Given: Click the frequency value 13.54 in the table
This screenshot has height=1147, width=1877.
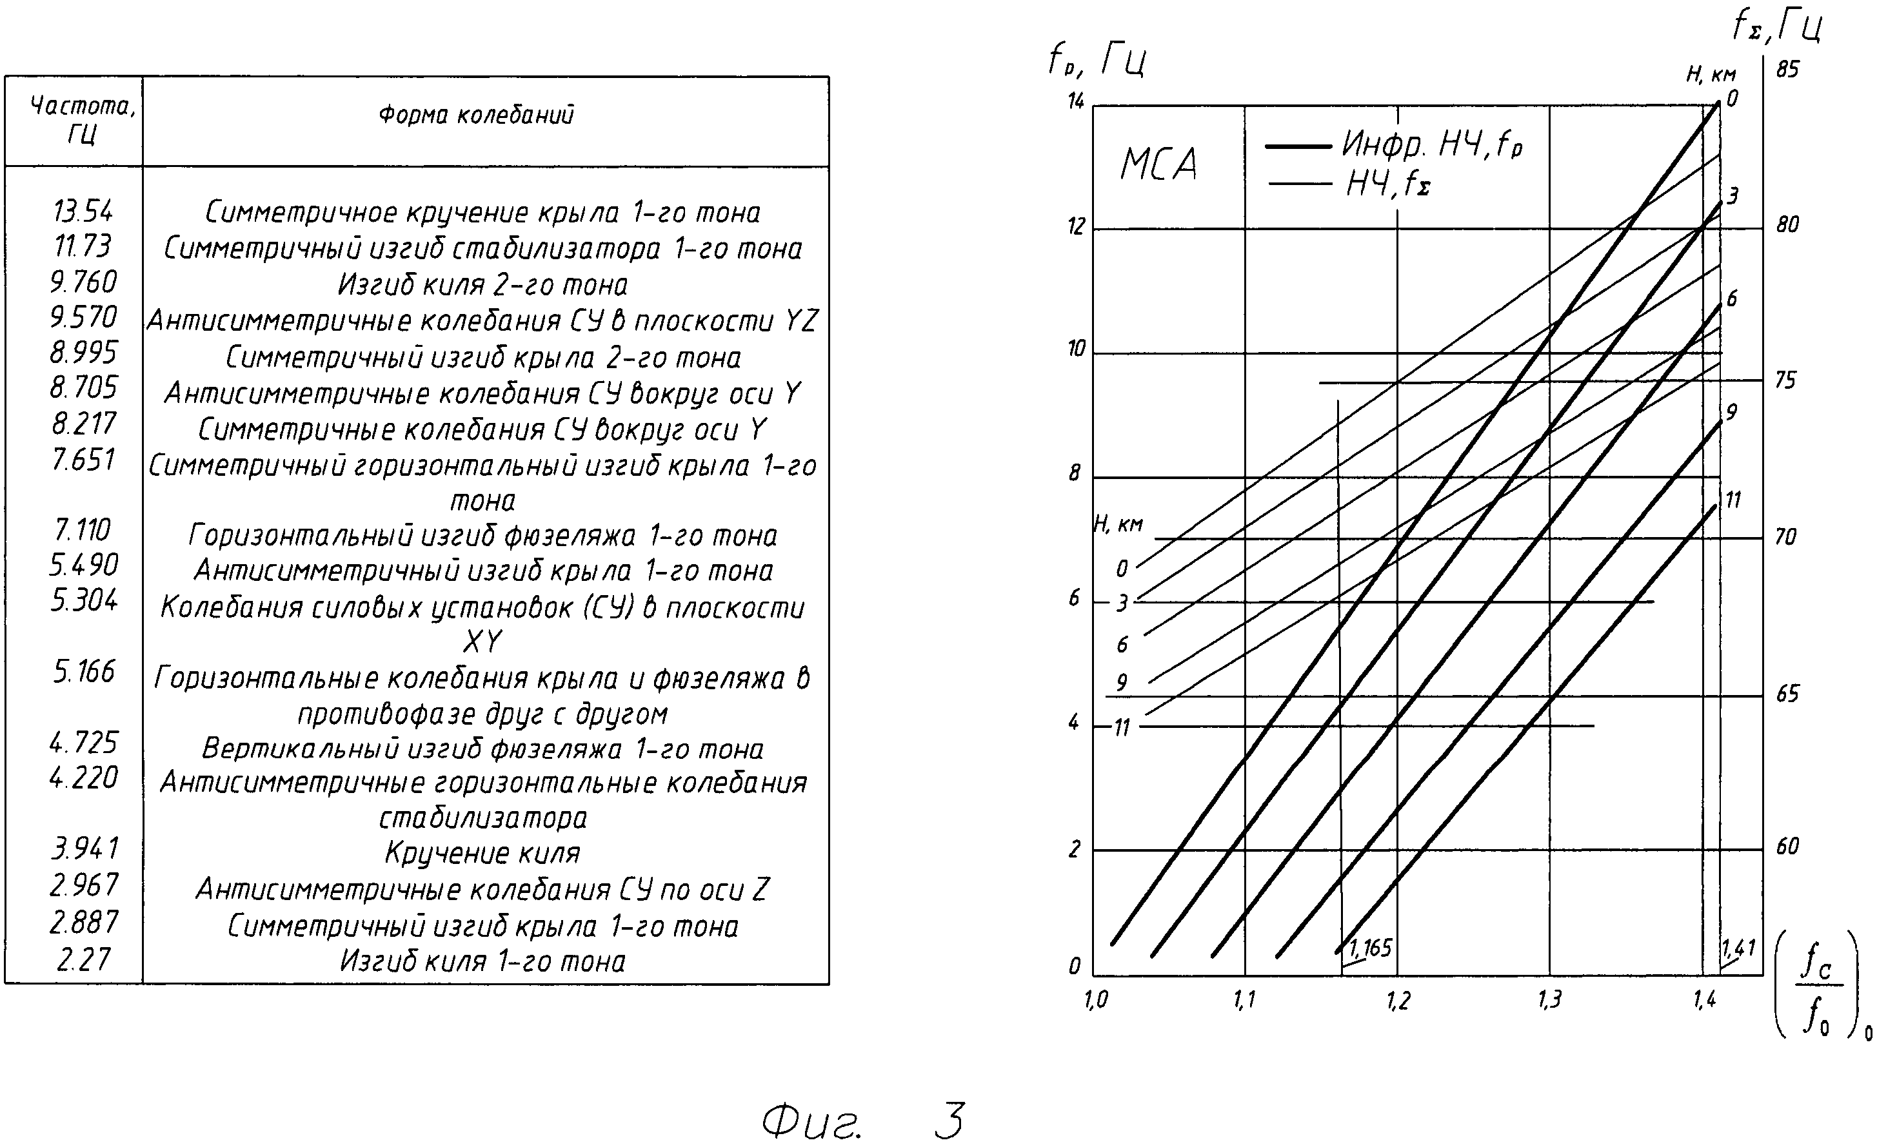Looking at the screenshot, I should coord(83,210).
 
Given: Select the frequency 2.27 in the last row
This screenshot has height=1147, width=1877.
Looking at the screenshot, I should coord(83,959).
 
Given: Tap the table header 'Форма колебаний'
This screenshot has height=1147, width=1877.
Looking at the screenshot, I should coord(476,115).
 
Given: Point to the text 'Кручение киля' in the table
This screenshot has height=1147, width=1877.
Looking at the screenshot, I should coord(482,853).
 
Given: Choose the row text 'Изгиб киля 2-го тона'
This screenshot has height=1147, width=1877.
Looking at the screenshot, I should coord(483,285).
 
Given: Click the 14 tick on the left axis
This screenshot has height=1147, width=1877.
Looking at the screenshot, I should coord(1075,101).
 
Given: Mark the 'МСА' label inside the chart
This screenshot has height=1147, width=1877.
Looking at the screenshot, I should coord(1158,164).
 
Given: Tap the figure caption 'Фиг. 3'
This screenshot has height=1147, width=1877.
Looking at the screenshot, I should coord(864,1119).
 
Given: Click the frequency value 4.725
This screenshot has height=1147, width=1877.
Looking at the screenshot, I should coord(83,743).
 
